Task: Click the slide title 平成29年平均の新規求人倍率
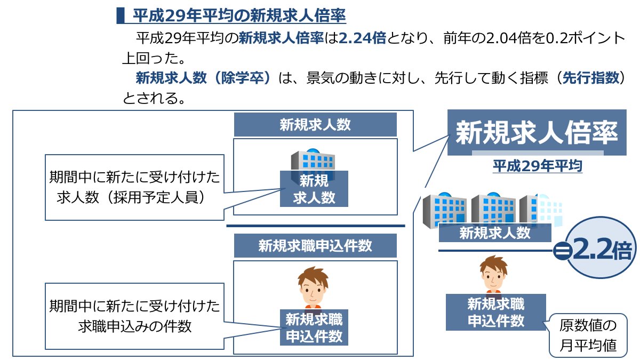pyautogui.click(x=239, y=15)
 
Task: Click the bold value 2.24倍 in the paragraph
pyautogui.click(x=362, y=38)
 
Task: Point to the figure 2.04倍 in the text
pyautogui.click(x=509, y=38)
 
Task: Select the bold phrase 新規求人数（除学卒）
pyautogui.click(x=204, y=78)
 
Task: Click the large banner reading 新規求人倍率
pyautogui.click(x=537, y=132)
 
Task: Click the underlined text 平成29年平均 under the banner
pyautogui.click(x=537, y=166)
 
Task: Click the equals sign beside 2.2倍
pyautogui.click(x=561, y=251)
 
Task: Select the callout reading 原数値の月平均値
pyautogui.click(x=588, y=335)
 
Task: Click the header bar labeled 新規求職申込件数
pyautogui.click(x=315, y=246)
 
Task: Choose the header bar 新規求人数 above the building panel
pyautogui.click(x=315, y=125)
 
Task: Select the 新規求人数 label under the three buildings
pyautogui.click(x=495, y=233)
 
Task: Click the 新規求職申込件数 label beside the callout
pyautogui.click(x=496, y=313)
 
